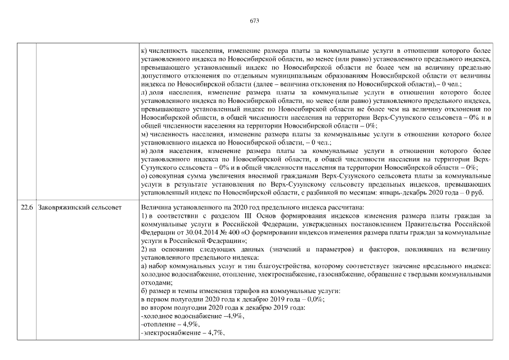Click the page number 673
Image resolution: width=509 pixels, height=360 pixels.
(254, 20)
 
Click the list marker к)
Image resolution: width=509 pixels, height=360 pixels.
(144, 52)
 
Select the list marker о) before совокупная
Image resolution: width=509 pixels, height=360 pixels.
(144, 176)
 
